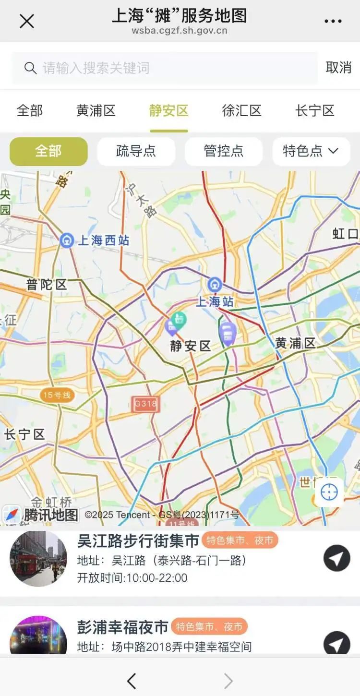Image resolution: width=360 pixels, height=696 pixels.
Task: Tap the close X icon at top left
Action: click(x=26, y=21)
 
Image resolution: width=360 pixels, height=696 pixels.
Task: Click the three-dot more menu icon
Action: click(x=333, y=21)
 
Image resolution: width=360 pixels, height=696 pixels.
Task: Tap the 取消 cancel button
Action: click(x=338, y=68)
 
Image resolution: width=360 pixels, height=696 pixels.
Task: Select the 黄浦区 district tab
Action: click(x=96, y=111)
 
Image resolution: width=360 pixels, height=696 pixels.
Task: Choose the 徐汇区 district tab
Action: click(x=241, y=111)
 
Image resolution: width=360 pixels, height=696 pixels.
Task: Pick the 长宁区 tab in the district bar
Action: click(x=314, y=111)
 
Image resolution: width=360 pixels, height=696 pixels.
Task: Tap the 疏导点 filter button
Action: click(x=136, y=151)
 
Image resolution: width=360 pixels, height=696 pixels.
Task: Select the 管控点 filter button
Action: click(x=224, y=151)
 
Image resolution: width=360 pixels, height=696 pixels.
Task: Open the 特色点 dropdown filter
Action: click(x=311, y=151)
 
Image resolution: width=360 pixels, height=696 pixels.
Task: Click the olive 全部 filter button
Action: click(x=48, y=151)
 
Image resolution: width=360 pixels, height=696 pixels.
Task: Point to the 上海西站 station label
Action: click(x=103, y=240)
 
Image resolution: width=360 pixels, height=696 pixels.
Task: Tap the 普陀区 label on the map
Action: click(x=47, y=285)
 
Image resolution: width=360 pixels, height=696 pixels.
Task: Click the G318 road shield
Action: click(x=145, y=404)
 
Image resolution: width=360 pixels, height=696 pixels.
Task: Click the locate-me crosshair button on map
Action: click(x=329, y=492)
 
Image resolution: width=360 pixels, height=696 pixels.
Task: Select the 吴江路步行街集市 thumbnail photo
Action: click(x=38, y=558)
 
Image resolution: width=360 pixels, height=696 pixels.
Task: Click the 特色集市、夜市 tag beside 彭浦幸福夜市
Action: click(x=209, y=626)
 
